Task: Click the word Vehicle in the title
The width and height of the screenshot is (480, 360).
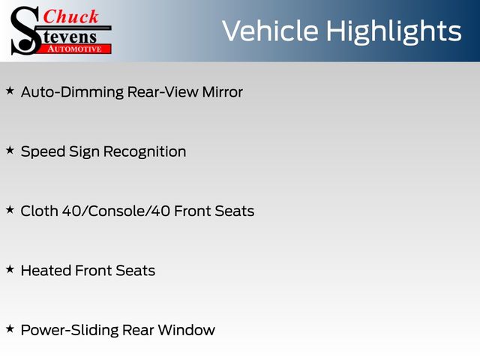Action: pos(270,31)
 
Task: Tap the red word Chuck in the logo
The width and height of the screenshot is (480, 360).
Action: pos(70,16)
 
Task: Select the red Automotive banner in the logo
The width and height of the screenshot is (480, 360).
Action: pos(74,49)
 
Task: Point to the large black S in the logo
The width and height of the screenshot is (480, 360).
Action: pos(25,31)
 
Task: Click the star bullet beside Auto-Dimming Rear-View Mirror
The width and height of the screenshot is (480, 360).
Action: pos(10,91)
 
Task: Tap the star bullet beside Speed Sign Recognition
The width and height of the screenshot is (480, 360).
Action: pos(10,150)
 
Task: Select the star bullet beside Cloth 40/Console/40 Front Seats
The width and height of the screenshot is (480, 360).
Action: pos(10,210)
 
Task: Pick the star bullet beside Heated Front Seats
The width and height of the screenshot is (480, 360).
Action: pos(10,269)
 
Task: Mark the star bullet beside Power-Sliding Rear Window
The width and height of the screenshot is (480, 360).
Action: pos(10,328)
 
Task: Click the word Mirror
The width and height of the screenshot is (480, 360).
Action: pos(223,91)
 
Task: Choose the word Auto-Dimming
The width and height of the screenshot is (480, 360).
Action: pos(72,92)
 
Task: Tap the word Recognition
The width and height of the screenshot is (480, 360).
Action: pos(145,151)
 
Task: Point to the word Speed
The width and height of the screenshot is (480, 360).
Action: pos(43,151)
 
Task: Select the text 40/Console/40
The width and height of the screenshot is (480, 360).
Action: pos(116,211)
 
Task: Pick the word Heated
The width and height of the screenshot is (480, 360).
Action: pos(45,271)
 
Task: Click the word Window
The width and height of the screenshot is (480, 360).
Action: pos(187,330)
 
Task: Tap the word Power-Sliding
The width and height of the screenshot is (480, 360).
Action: pos(70,331)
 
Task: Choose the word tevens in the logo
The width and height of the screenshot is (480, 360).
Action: pos(70,37)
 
